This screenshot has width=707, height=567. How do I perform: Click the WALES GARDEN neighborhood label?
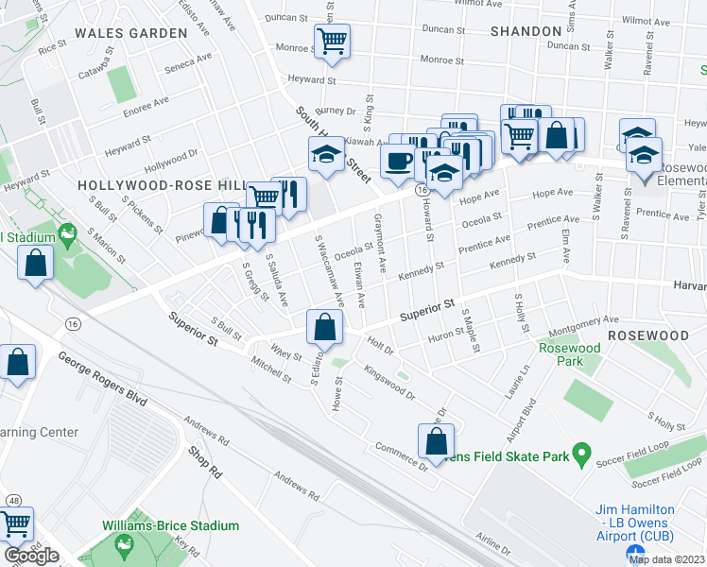(131, 33)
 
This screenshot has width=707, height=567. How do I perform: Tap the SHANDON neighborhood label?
(526, 31)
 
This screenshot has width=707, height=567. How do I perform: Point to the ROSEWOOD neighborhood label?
(647, 335)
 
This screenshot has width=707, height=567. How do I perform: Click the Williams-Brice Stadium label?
(171, 525)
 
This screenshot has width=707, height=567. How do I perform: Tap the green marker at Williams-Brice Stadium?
(123, 544)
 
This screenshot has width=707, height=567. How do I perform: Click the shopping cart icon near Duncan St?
(332, 41)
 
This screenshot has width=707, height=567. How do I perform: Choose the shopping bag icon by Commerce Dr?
(435, 439)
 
